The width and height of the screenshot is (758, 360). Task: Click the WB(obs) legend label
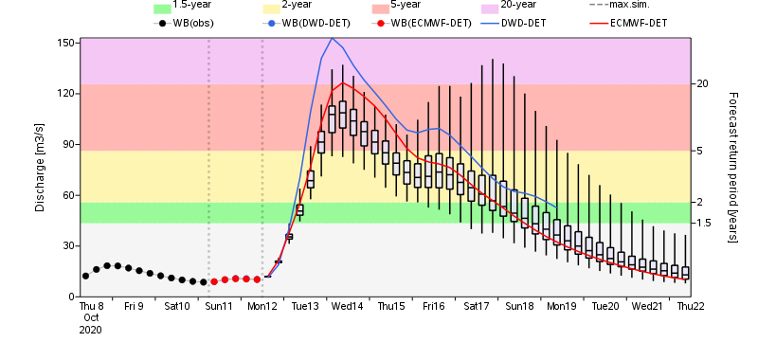click(x=195, y=22)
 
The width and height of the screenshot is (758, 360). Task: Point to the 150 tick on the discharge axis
click(x=64, y=44)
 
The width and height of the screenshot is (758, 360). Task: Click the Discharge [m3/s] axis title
click(x=40, y=167)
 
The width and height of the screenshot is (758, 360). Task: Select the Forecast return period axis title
click(x=732, y=167)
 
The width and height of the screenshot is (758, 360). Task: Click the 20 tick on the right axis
click(x=702, y=84)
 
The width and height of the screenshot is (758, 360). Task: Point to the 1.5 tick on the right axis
click(x=704, y=223)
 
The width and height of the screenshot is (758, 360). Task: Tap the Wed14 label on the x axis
click(x=347, y=307)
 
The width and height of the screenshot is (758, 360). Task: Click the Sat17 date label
click(x=476, y=307)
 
